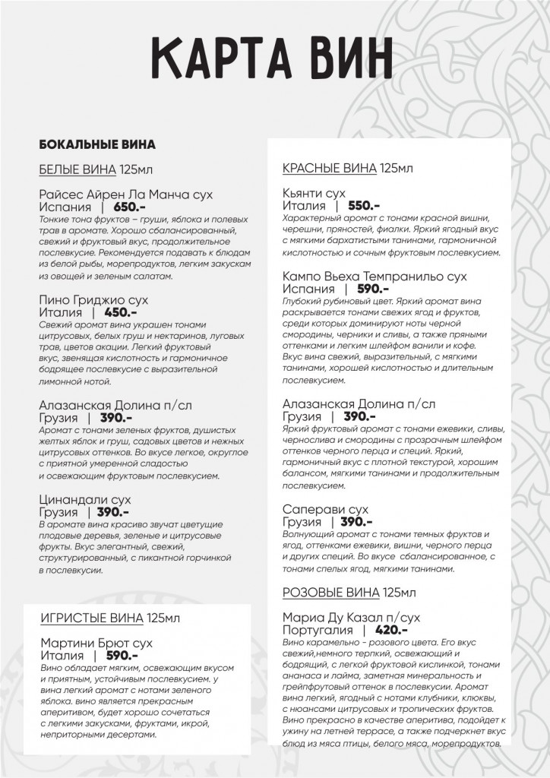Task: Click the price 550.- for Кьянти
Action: (x=364, y=205)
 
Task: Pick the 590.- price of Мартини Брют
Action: (x=122, y=655)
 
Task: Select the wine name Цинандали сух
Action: (x=84, y=499)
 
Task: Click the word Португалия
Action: (x=318, y=630)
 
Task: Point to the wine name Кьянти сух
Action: (x=314, y=193)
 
